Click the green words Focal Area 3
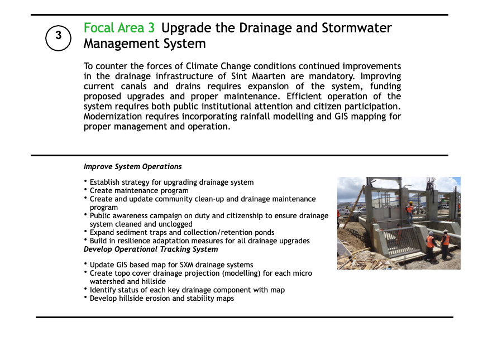coord(119,28)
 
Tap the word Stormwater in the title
coord(357,28)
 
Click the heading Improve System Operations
coord(133,166)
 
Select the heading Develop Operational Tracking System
coord(151,249)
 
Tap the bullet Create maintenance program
coord(139,191)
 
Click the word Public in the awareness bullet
coord(99,215)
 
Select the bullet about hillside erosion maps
coord(162,299)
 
